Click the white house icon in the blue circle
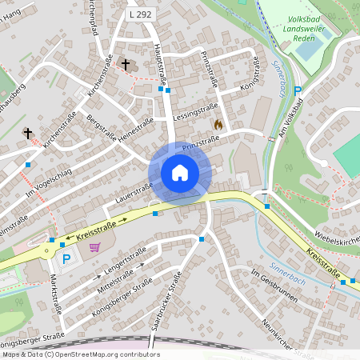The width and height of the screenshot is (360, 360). pos(179,172)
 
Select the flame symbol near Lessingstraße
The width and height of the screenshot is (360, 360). pos(218,125)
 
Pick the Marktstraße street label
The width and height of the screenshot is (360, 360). pos(55,291)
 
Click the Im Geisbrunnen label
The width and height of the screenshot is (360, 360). pos(274,286)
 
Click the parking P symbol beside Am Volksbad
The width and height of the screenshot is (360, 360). pos(298,91)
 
